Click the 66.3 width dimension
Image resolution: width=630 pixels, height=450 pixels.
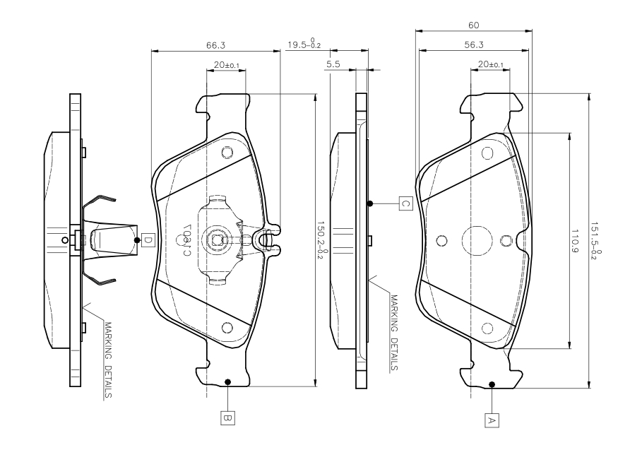[x=215, y=45]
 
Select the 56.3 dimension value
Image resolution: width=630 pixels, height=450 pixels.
[x=474, y=45]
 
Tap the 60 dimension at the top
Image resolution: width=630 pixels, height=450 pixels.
[x=474, y=25]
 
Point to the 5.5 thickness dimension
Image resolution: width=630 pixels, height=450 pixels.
[x=334, y=64]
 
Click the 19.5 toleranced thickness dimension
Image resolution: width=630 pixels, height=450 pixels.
[x=304, y=45]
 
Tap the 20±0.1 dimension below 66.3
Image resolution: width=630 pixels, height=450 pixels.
[x=226, y=65]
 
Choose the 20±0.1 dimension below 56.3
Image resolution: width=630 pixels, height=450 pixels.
[x=491, y=65]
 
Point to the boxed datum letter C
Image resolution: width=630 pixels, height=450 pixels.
[x=405, y=203]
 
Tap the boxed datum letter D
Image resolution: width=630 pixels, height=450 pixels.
[x=147, y=240]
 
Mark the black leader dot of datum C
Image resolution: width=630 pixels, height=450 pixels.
[x=369, y=203]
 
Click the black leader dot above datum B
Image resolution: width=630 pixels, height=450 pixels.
[x=227, y=382]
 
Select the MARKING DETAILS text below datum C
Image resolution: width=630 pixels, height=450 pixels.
[x=393, y=332]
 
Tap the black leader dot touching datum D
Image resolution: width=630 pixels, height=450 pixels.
[x=136, y=240]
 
